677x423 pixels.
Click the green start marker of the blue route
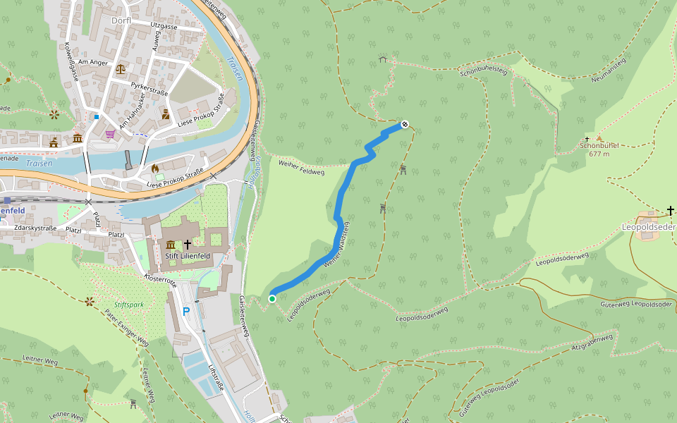[272, 299]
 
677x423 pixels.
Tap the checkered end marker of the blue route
[405, 125]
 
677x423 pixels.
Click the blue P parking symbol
[186, 311]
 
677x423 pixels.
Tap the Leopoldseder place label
[648, 227]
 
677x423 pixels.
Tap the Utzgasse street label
[164, 26]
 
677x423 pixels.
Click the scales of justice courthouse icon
[120, 69]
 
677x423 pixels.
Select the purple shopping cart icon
[110, 133]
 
